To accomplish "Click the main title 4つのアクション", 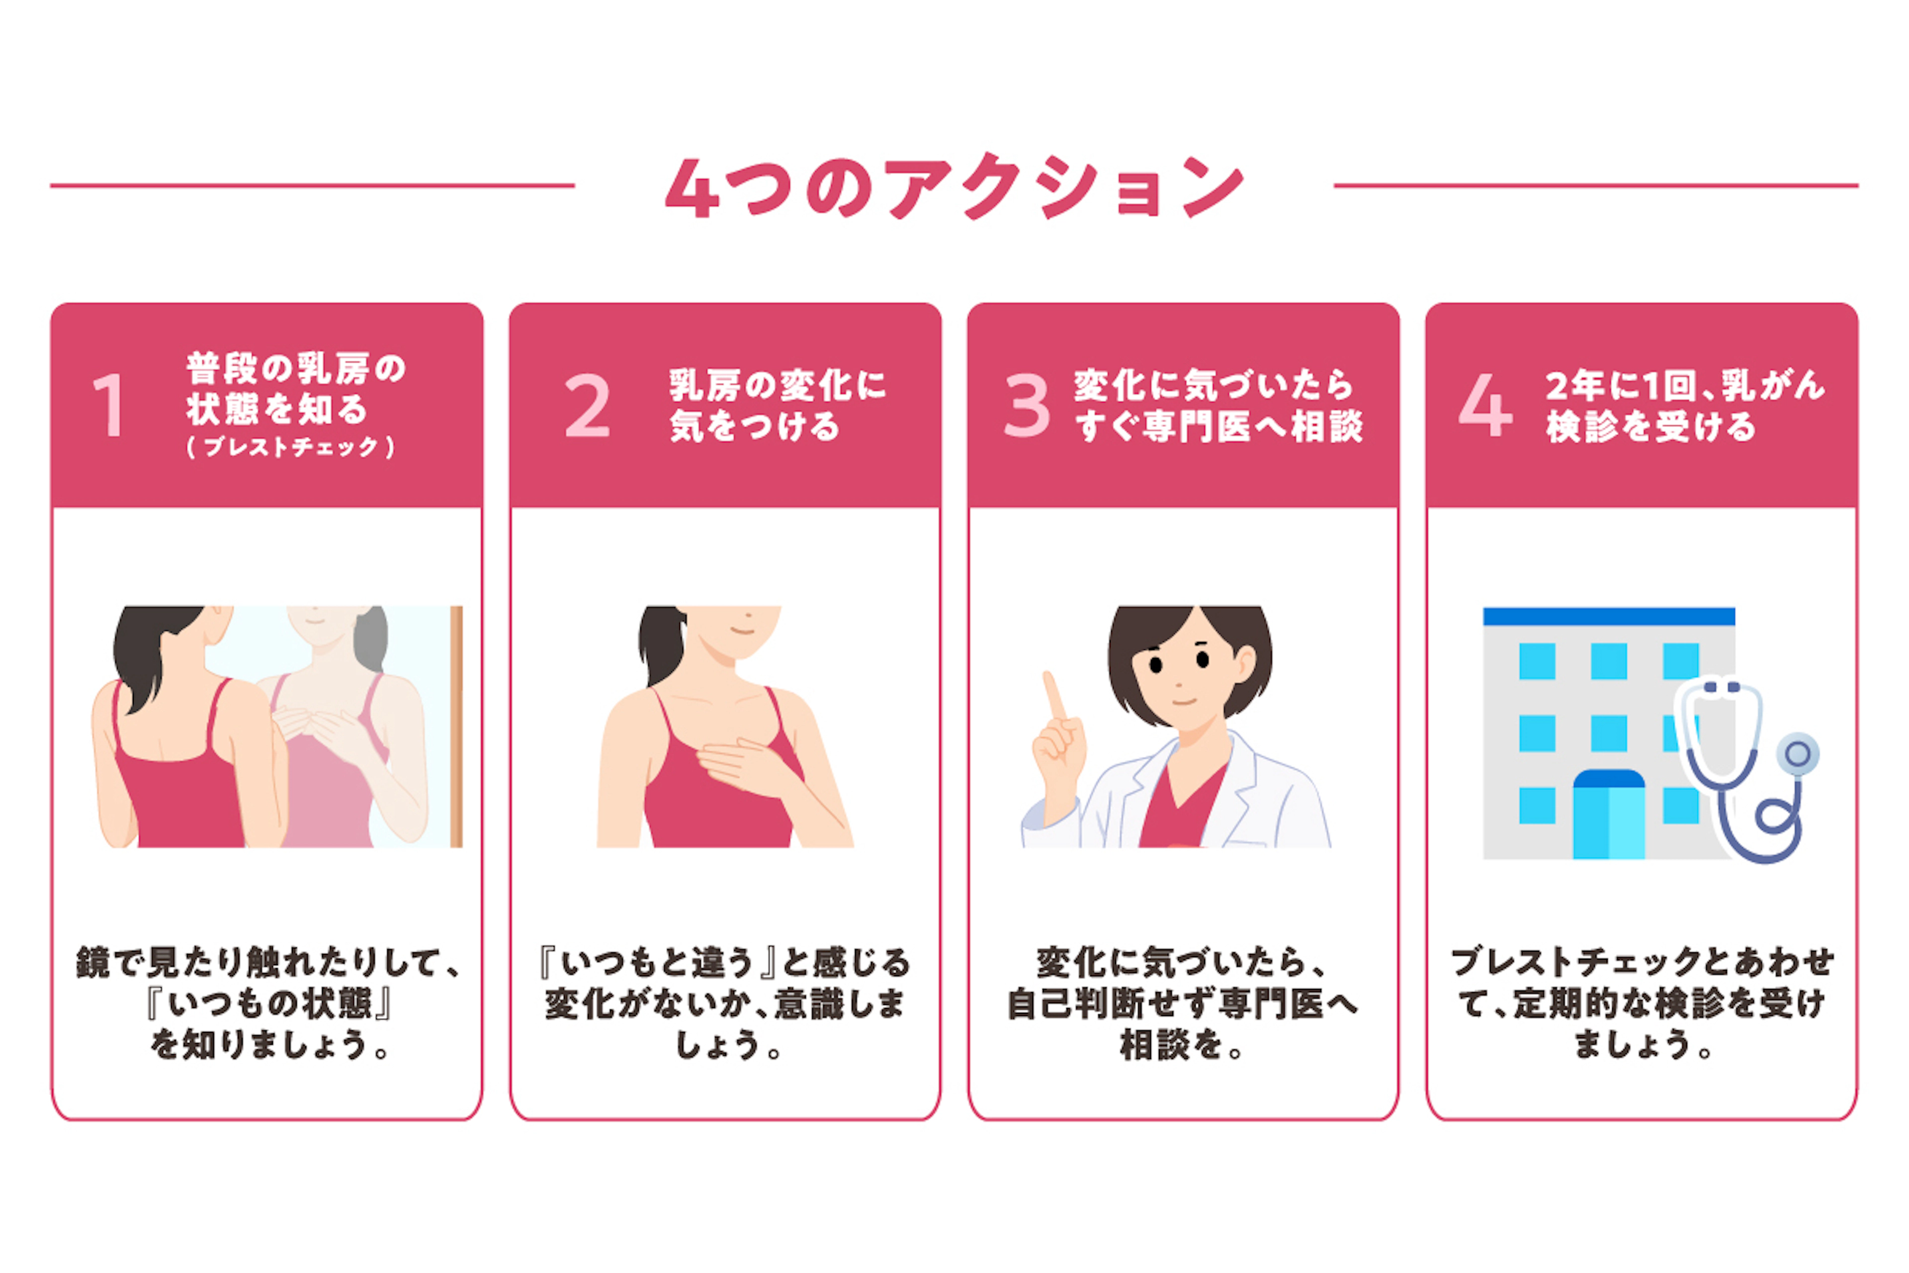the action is click(954, 187).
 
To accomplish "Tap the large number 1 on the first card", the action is click(109, 405).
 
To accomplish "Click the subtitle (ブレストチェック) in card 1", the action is click(290, 447).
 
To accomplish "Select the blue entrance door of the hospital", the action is click(1609, 815).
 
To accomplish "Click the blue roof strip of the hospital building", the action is click(1609, 616).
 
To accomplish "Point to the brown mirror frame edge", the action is click(456, 727).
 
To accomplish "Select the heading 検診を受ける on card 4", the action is click(1650, 426).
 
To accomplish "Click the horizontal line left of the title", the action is click(313, 186).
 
